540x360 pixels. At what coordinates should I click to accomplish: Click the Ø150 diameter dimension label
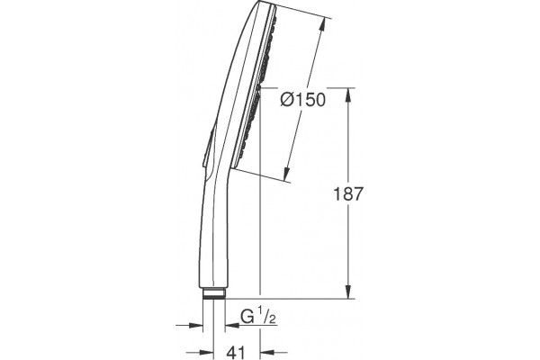(x=302, y=100)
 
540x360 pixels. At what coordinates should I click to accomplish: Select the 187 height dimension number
(x=348, y=194)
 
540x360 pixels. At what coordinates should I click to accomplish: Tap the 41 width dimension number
(x=237, y=352)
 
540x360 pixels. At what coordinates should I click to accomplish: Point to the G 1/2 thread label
(x=258, y=318)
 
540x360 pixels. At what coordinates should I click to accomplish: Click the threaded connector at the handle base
(x=214, y=293)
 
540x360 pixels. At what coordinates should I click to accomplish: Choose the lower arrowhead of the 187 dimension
(x=349, y=292)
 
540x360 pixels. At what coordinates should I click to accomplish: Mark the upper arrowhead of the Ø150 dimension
(x=322, y=25)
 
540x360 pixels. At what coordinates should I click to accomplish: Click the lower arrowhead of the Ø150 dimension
(x=287, y=174)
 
